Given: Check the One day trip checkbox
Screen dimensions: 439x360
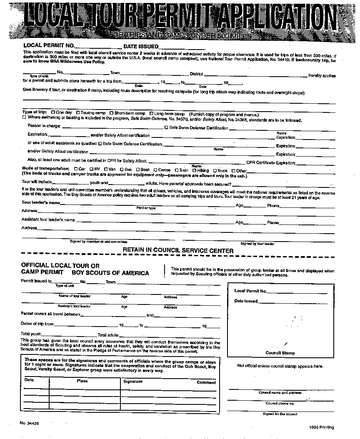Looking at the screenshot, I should (53, 113).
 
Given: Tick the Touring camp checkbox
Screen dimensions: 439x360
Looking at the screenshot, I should (78, 113).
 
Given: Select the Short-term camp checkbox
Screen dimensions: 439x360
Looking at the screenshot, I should (111, 113).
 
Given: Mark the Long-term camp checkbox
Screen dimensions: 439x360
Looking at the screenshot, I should (151, 113).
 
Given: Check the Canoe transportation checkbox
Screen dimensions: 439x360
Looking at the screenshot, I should (155, 170).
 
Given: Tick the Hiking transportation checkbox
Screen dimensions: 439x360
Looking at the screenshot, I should (194, 170).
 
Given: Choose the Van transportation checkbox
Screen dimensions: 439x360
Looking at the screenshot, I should (106, 170).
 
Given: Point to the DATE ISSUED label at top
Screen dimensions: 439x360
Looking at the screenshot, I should (141, 46).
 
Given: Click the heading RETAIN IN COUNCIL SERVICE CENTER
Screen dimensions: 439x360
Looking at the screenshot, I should (178, 250).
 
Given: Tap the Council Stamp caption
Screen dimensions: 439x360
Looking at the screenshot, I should (280, 353).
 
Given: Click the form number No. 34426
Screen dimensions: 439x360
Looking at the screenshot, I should (29, 423).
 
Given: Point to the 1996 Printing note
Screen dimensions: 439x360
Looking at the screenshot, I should (322, 427).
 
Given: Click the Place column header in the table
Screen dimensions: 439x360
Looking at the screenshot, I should (82, 381).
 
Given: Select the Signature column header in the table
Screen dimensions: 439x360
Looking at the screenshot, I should (133, 381).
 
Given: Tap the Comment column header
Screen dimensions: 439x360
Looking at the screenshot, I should (206, 382).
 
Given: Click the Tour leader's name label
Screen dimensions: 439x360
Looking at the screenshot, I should (40, 202).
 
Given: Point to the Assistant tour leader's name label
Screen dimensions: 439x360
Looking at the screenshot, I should (48, 219).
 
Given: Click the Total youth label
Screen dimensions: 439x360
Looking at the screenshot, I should (31, 334).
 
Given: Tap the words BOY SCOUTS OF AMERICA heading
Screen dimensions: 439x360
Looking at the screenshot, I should (110, 273).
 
